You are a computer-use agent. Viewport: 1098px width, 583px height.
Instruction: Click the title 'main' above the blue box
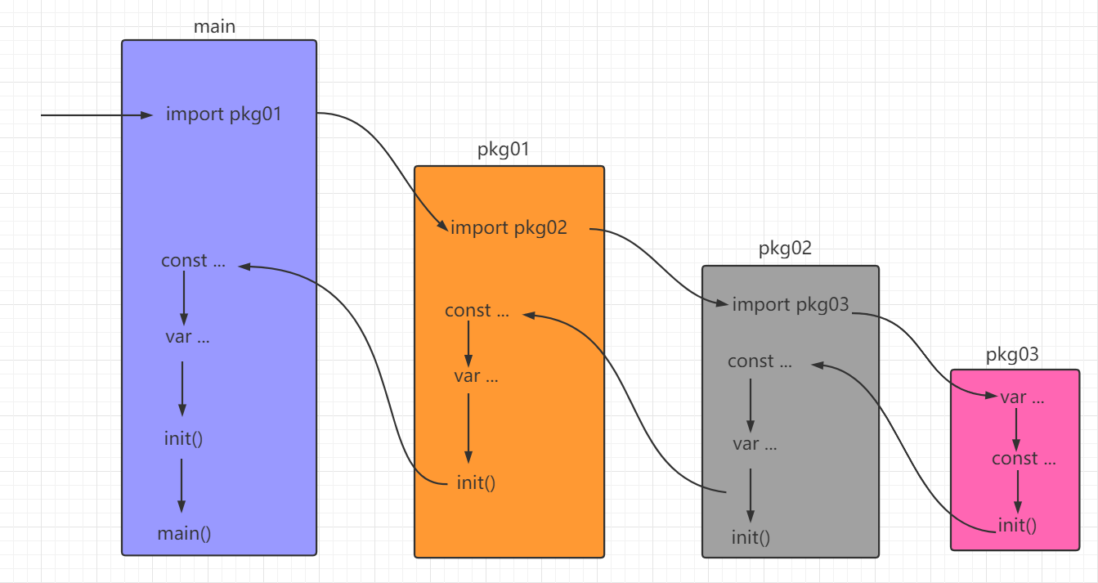pyautogui.click(x=214, y=26)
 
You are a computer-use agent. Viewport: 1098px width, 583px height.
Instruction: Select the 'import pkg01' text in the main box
pyautogui.click(x=223, y=114)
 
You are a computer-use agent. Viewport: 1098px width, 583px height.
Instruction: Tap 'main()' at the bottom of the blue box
pyautogui.click(x=184, y=534)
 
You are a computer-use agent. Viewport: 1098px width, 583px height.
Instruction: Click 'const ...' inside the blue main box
pyautogui.click(x=193, y=261)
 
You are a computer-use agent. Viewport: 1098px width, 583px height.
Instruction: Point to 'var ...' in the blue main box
pyautogui.click(x=187, y=336)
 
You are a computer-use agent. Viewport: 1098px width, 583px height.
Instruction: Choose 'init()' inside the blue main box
pyautogui.click(x=183, y=437)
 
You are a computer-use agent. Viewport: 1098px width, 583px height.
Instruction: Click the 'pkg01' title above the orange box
pyautogui.click(x=504, y=150)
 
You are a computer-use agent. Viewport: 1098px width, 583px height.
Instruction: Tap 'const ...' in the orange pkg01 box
pyautogui.click(x=477, y=311)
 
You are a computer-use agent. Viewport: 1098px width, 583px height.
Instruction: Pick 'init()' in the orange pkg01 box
pyautogui.click(x=477, y=482)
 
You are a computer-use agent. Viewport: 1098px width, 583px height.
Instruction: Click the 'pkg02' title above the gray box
pyautogui.click(x=785, y=249)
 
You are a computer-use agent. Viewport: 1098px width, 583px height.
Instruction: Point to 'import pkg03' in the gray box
pyautogui.click(x=791, y=305)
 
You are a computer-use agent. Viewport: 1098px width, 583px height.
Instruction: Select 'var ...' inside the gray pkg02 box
pyautogui.click(x=755, y=444)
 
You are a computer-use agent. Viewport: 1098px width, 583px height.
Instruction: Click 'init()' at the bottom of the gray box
pyautogui.click(x=751, y=537)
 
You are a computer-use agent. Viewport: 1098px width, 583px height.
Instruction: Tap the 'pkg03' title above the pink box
pyautogui.click(x=1012, y=355)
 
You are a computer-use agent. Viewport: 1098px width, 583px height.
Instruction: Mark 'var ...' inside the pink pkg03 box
pyautogui.click(x=1022, y=397)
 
